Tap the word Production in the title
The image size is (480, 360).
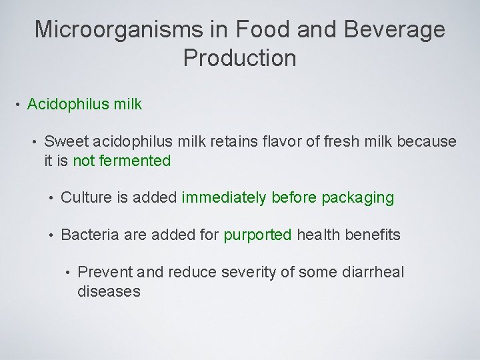click(x=239, y=59)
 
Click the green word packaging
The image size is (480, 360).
click(x=357, y=198)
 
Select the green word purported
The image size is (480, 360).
click(x=257, y=235)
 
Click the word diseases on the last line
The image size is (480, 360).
click(x=109, y=292)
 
